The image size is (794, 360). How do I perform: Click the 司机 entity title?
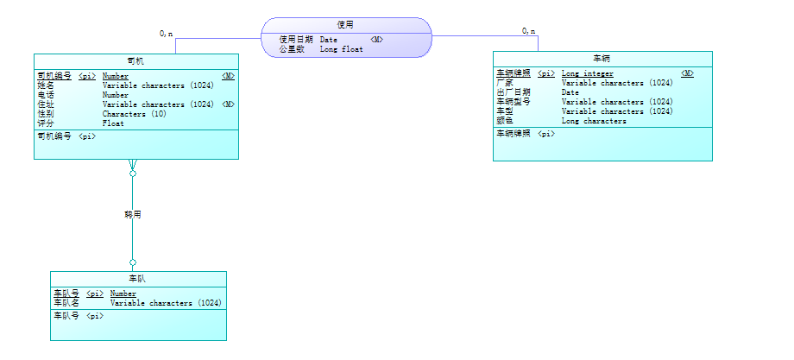(x=135, y=60)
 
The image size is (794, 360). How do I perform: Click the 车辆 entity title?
(x=602, y=59)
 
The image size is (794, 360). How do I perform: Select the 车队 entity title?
(x=137, y=279)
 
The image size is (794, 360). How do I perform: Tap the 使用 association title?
(x=345, y=25)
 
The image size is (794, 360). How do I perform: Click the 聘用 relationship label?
(x=132, y=213)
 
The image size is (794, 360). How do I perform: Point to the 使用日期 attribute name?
(x=295, y=40)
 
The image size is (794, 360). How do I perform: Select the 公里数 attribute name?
(x=291, y=49)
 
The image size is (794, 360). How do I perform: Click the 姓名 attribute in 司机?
(x=46, y=85)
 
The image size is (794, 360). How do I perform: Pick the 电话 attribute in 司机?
(x=46, y=95)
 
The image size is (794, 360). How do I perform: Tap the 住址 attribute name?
(x=46, y=104)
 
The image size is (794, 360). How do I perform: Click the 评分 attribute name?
(x=46, y=123)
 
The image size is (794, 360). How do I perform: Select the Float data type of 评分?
(x=113, y=123)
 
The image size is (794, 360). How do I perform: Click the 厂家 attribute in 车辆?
(x=505, y=83)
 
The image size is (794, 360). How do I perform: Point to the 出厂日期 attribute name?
(x=514, y=92)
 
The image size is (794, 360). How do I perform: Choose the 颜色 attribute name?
(x=505, y=121)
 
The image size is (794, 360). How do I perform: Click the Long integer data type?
(x=587, y=73)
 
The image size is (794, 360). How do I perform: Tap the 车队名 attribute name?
(x=66, y=303)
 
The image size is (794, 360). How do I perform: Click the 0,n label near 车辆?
(x=528, y=31)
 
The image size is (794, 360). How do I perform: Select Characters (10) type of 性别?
(x=134, y=114)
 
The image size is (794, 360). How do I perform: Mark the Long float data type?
(x=341, y=49)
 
